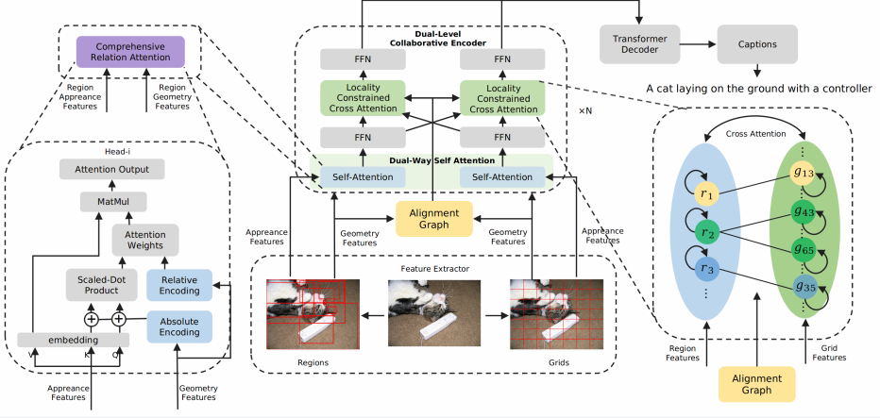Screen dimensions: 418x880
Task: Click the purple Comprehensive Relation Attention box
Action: click(x=131, y=52)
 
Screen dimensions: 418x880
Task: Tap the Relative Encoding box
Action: click(x=179, y=286)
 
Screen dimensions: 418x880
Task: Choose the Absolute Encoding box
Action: click(x=179, y=326)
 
